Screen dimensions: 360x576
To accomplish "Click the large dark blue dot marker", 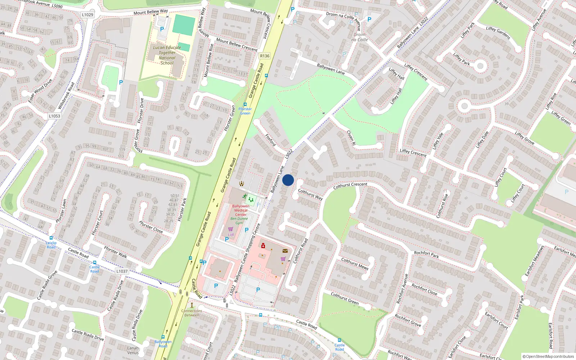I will click(x=288, y=180).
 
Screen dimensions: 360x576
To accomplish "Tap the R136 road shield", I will click(x=265, y=56).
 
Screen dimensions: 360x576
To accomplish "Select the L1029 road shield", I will click(x=87, y=15).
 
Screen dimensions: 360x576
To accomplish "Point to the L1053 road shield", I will click(x=54, y=116).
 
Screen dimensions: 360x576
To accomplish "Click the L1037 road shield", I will click(x=122, y=271).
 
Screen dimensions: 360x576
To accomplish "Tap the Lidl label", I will click(x=231, y=235).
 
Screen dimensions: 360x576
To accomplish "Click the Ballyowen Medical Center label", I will click(x=241, y=210).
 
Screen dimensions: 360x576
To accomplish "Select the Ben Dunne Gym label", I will click(x=239, y=221).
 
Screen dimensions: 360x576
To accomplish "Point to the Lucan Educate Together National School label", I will click(x=167, y=55).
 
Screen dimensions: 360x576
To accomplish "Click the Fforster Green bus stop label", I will click(x=245, y=111).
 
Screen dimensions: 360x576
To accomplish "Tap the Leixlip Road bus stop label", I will click(x=51, y=245).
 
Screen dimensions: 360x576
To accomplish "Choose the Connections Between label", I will click(x=192, y=313).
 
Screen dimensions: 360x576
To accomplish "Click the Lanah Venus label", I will click(x=133, y=350).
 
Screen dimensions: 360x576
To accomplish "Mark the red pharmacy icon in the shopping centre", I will click(x=263, y=246).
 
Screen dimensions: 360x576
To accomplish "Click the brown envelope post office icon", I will click(x=285, y=251).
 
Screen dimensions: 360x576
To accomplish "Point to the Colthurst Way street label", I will click(x=310, y=194).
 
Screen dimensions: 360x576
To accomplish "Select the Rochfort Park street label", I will click(x=426, y=255).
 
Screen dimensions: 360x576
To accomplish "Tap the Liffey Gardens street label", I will click(x=498, y=33).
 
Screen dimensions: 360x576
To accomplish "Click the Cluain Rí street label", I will click(x=351, y=138).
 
